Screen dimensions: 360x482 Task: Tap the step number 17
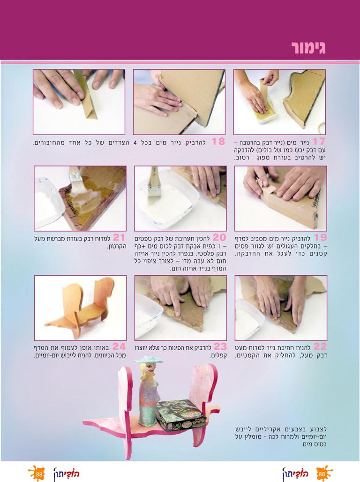tap(318, 142)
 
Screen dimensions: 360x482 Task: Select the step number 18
tap(218, 142)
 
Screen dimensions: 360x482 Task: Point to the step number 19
tap(320, 237)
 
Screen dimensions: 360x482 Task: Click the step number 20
tap(219, 237)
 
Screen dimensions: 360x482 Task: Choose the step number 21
tap(119, 237)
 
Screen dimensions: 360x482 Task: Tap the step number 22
tap(320, 346)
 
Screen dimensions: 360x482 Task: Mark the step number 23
tap(220, 346)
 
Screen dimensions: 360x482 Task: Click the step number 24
tap(119, 346)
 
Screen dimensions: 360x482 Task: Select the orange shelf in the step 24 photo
tap(80, 306)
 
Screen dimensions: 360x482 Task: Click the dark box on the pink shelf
tap(176, 415)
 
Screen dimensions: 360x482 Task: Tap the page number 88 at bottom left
tap(39, 474)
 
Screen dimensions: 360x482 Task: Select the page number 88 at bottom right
tap(322, 474)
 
